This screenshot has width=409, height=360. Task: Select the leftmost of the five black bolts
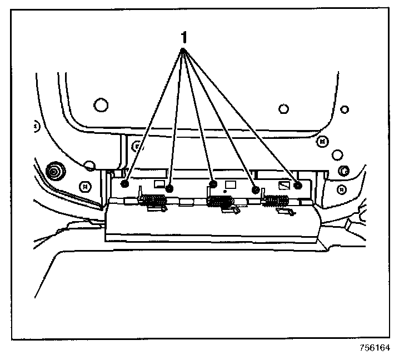point(126,184)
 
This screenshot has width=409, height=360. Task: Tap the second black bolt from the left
point(170,189)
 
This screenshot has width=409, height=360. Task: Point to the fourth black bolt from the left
point(256,189)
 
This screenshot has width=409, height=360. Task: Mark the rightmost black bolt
point(298,184)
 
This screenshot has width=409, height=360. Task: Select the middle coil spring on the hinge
point(220,201)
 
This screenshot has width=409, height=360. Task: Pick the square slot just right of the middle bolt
point(230,184)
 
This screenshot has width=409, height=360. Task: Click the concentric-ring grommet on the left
point(54,171)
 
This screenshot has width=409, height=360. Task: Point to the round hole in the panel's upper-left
point(100,104)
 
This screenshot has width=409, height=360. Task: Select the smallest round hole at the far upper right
point(345,109)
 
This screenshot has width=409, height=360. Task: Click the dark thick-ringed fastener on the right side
point(343,170)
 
